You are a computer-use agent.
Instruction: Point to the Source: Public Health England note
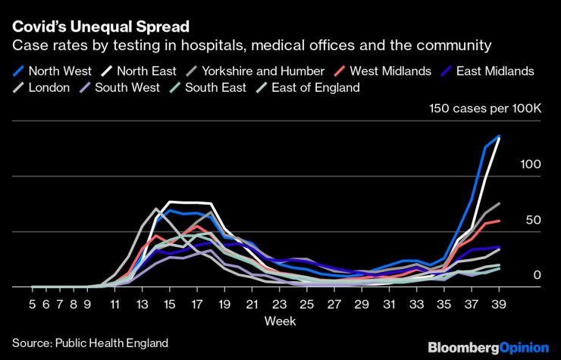[x=89, y=342]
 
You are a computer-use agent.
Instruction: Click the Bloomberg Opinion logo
[x=488, y=347]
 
